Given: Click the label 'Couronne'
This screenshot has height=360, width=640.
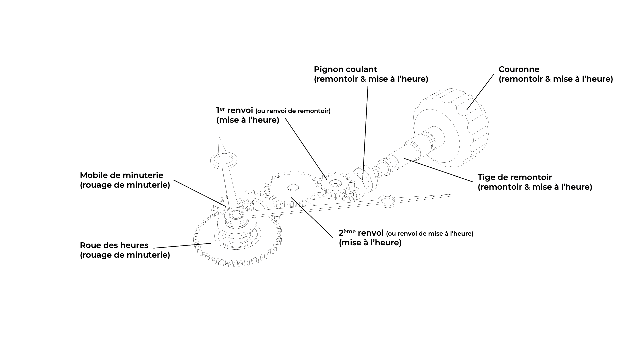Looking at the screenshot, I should click(519, 69).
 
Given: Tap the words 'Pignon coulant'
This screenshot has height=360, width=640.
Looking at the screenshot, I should click(345, 69).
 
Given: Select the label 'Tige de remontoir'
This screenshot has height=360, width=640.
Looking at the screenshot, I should click(515, 177).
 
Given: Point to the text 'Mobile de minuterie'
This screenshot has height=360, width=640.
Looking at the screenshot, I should click(121, 175).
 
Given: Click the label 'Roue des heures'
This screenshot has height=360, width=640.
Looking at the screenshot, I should click(114, 245).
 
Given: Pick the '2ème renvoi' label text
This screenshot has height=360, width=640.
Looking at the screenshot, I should click(361, 233).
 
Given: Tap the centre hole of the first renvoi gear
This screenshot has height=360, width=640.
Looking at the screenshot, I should click(335, 183).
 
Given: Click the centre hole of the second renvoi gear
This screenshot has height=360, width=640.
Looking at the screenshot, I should click(293, 188).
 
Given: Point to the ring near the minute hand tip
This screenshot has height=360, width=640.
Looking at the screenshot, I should click(387, 201).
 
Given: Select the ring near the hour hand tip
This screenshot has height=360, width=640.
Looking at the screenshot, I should click(223, 159).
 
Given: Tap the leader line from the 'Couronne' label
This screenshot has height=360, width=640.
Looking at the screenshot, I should click(480, 92).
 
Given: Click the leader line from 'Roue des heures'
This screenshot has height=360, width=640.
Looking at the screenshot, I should click(182, 246).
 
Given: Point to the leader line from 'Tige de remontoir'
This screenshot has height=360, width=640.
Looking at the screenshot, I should click(438, 170).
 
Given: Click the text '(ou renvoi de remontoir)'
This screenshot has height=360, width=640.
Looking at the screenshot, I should click(293, 111).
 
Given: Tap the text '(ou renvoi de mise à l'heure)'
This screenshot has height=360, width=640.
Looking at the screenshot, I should click(429, 234).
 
